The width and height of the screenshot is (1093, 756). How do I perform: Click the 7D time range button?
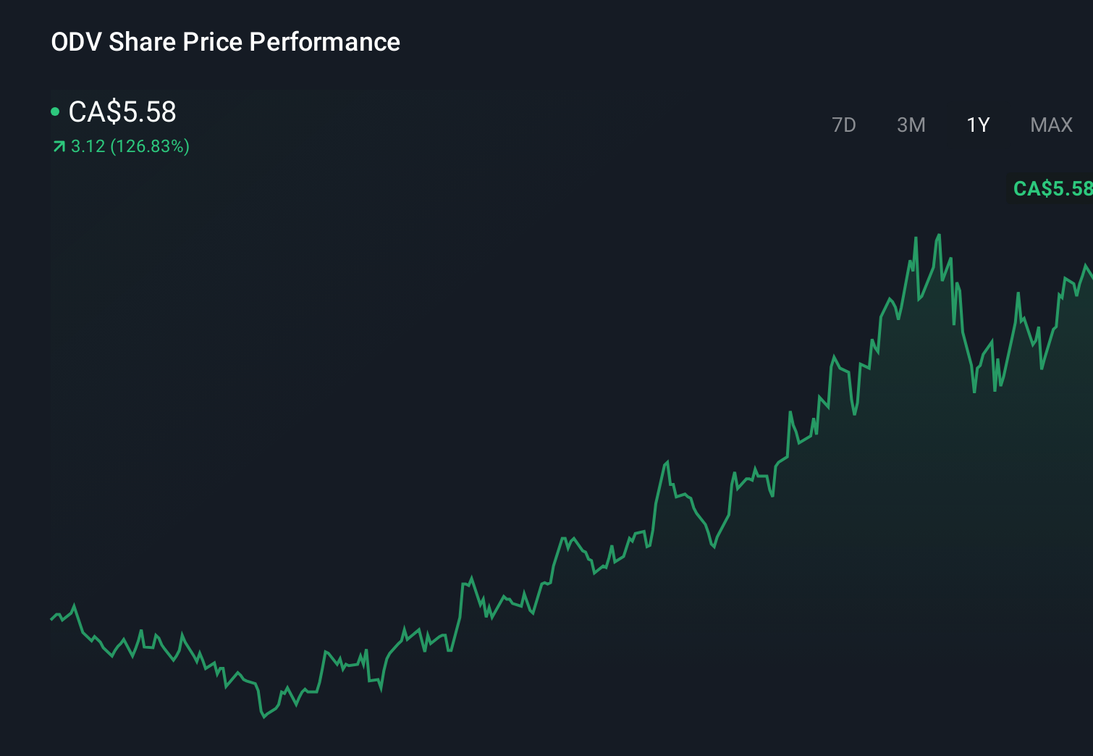coord(843,125)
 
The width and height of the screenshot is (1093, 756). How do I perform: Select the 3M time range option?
coord(911,125)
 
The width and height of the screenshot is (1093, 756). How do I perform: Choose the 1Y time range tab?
coord(978,125)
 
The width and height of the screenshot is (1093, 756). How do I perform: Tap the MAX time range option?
coord(1051,125)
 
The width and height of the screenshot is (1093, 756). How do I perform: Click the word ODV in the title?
coord(76,42)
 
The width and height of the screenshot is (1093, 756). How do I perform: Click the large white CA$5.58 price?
coord(122,112)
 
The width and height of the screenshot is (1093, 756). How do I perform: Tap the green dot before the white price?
coord(55,112)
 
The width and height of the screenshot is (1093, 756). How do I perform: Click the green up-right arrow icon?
coord(59,147)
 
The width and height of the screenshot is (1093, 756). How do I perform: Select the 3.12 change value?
coord(88,146)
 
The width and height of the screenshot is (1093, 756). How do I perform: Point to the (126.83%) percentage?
coord(150,146)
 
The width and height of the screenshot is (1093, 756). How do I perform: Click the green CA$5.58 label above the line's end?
coord(1052,189)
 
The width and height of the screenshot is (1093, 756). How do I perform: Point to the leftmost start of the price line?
coord(51,619)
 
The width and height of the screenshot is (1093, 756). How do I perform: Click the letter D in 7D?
coord(849,125)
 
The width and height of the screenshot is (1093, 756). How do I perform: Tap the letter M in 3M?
coord(917,125)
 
